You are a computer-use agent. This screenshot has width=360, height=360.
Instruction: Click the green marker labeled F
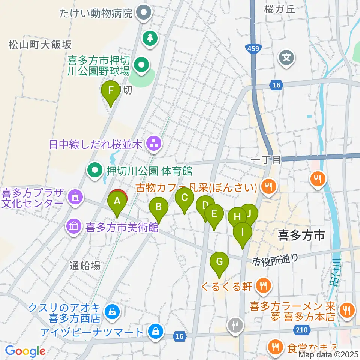111,91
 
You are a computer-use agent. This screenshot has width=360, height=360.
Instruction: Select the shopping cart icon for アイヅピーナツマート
155,331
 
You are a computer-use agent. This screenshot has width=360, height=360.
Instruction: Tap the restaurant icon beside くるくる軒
263,286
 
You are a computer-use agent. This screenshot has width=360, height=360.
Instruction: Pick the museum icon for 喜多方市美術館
73,226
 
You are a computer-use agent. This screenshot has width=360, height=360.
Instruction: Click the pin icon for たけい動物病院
143,14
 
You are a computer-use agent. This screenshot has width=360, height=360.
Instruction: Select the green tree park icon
150,38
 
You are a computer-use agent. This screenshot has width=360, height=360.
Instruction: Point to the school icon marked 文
287,58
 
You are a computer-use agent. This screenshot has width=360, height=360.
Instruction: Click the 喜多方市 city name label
301,235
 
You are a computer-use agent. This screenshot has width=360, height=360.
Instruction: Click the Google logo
25,351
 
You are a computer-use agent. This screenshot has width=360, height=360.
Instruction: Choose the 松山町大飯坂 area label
40,45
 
